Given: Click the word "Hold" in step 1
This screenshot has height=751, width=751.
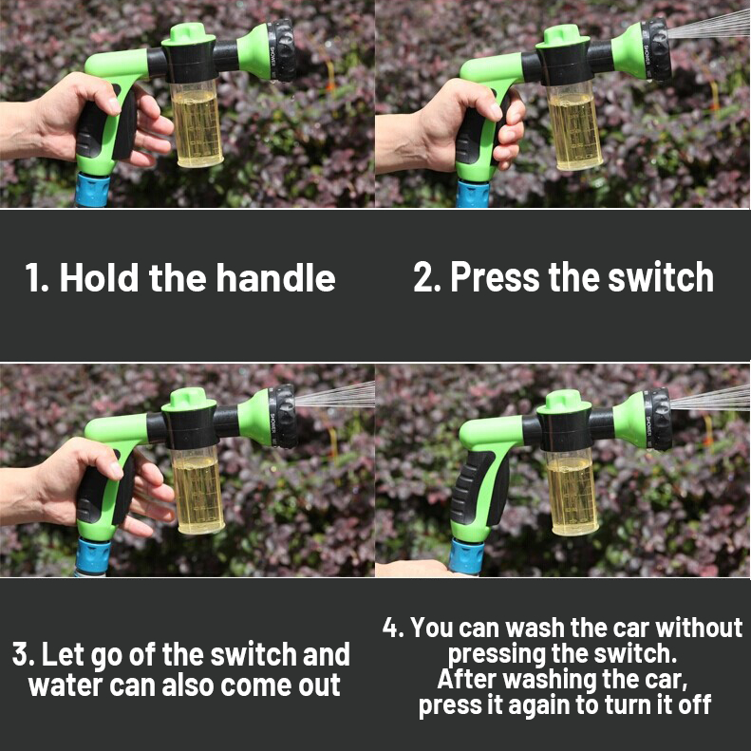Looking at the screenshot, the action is click(99, 278).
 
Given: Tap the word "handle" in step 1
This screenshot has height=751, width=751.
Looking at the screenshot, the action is click(275, 278).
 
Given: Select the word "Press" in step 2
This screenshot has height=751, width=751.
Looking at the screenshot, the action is click(495, 277).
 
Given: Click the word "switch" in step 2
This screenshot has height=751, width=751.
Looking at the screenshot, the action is click(661, 277).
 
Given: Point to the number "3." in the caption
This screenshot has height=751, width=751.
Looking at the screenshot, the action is click(23, 655).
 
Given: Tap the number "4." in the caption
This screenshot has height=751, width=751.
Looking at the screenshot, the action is click(393, 628).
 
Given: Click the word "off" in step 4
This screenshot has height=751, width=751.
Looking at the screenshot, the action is click(694, 704).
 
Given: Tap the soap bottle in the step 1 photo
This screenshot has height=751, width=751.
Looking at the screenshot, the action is click(197, 124).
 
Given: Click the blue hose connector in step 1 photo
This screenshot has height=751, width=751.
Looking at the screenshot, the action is click(92, 190).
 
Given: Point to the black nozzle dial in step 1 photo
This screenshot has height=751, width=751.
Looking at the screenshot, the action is click(283, 49).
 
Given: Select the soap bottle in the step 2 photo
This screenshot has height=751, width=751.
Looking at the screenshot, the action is click(573, 126).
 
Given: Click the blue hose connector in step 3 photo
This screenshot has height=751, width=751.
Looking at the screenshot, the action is click(92, 556).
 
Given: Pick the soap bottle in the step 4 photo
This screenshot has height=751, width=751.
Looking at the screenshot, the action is click(572, 493).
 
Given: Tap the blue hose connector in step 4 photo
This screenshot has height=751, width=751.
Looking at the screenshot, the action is click(466, 557).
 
